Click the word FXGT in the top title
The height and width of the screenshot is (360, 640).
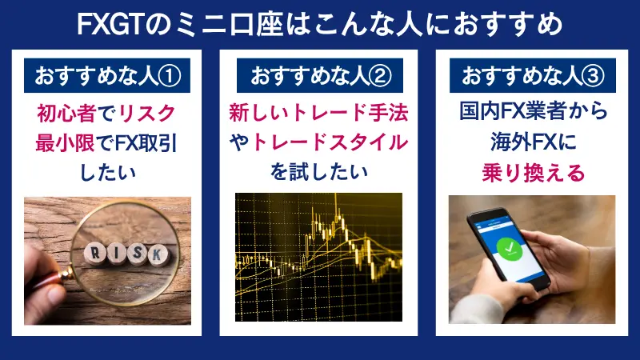[113, 24]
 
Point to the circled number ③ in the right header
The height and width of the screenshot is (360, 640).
[605, 76]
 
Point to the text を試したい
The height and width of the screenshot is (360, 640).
[319, 172]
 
